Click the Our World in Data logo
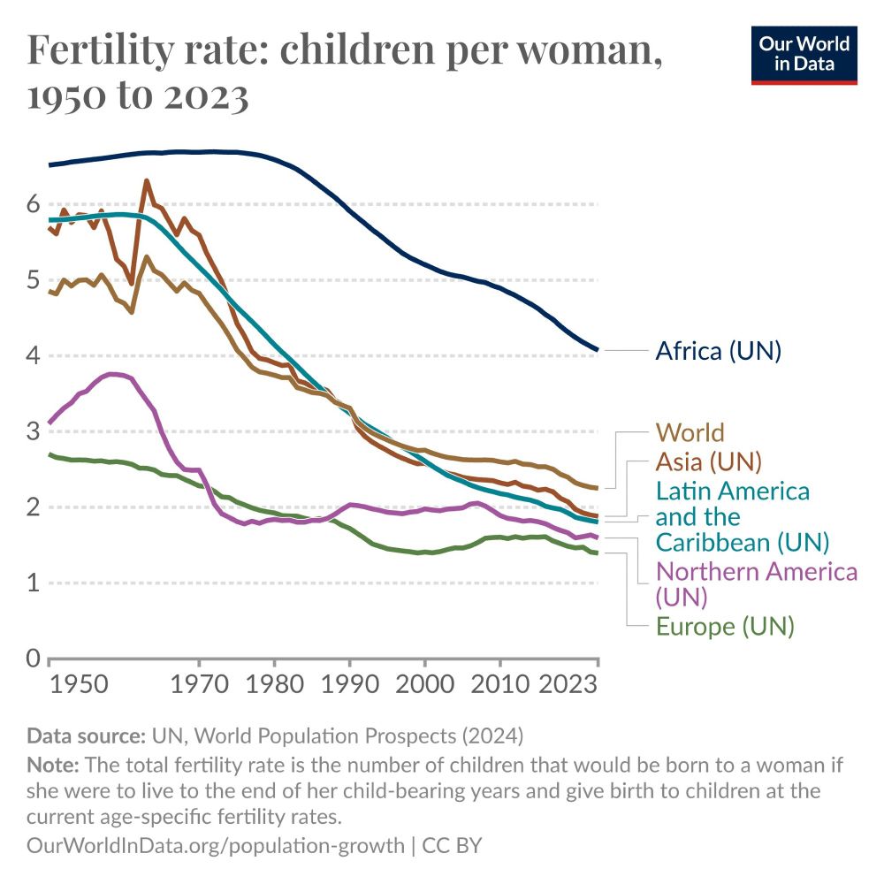pyautogui.click(x=804, y=55)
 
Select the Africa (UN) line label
pyautogui.click(x=718, y=351)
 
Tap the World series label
pyautogui.click(x=690, y=432)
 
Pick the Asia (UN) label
pyautogui.click(x=708, y=461)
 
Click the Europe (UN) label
pyautogui.click(x=725, y=627)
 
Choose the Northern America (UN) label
pyautogui.click(x=756, y=583)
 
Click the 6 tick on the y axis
pyautogui.click(x=33, y=204)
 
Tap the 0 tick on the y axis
pyautogui.click(x=33, y=659)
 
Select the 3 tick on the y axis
pyautogui.click(x=33, y=431)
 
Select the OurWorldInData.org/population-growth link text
pyautogui.click(x=216, y=845)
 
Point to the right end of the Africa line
pyautogui.click(x=598, y=350)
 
